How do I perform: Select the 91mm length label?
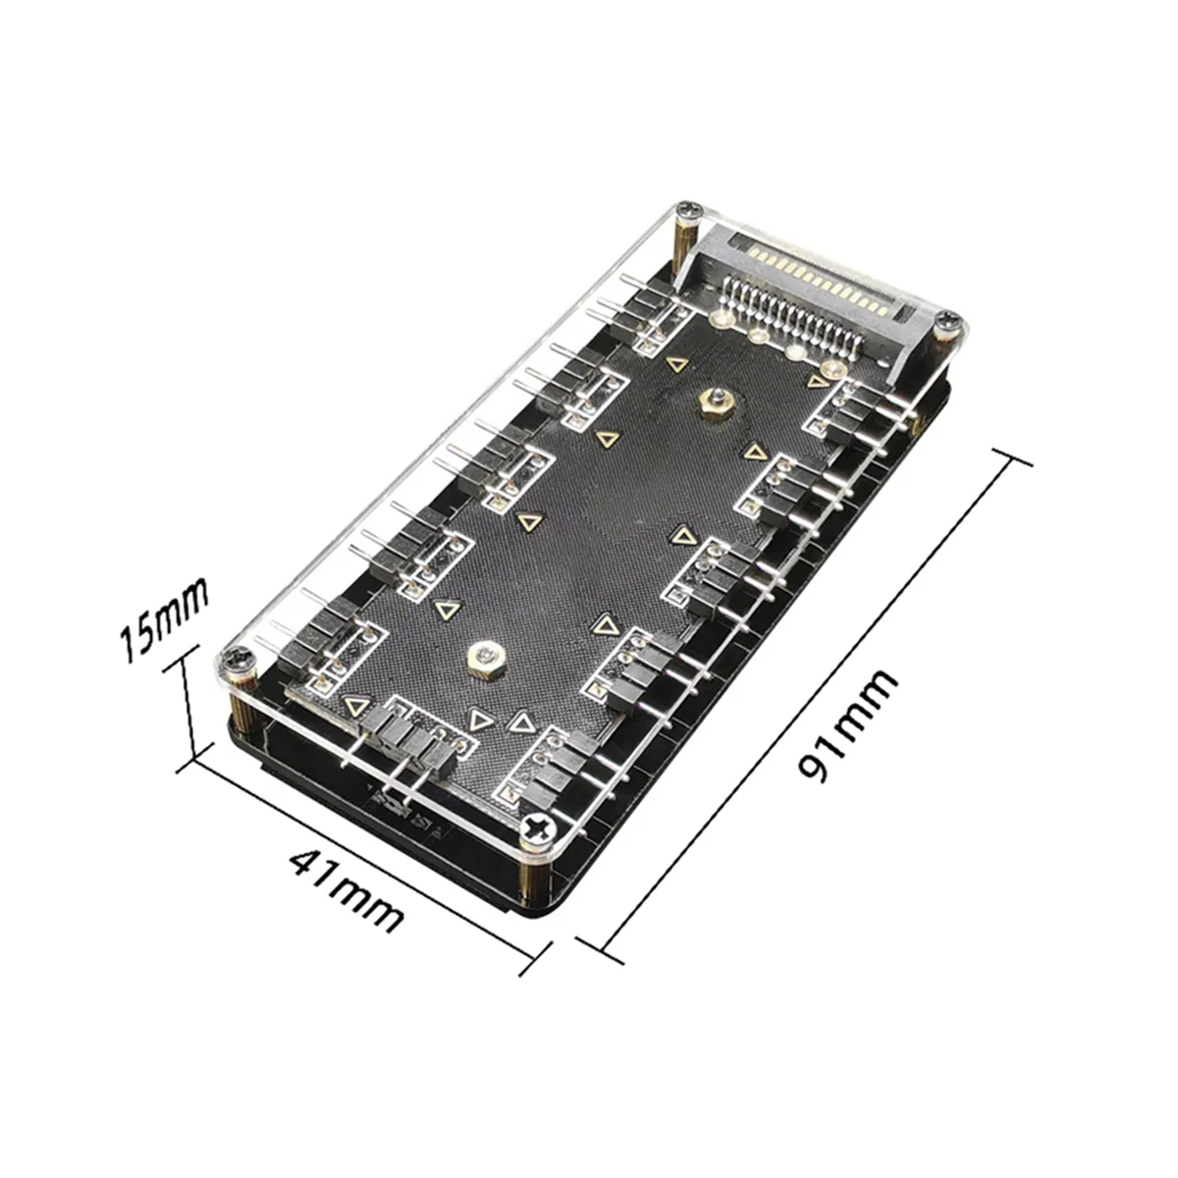(848, 723)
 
